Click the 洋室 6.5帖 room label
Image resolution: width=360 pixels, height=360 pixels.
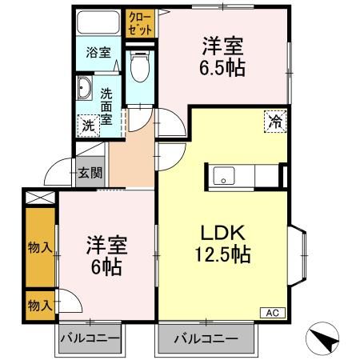pyautogui.click(x=222, y=54)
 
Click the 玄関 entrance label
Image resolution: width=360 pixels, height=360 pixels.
pyautogui.click(x=90, y=171)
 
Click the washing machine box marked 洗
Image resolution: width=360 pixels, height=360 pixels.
pyautogui.click(x=87, y=124)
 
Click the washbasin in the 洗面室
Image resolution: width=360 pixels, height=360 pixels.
pyautogui.click(x=84, y=87)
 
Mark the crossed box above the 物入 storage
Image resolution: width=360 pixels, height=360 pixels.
pyautogui.click(x=38, y=196)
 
